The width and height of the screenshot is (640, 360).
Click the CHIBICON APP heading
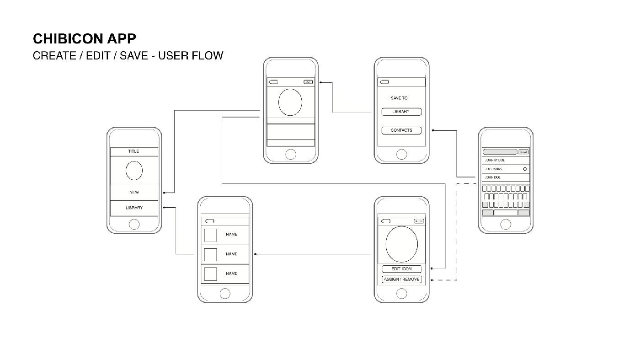pos(84,38)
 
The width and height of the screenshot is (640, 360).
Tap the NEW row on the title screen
pos(134,193)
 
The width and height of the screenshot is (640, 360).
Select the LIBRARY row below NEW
pos(134,208)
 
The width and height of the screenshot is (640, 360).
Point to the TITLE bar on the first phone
pos(134,151)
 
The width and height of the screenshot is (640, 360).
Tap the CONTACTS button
pos(401,130)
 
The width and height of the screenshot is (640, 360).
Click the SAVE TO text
pos(399,98)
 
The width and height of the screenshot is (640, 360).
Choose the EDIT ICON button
pos(402,269)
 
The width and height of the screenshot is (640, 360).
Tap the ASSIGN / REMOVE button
pos(402,279)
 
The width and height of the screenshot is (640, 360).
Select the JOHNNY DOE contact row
pos(505,161)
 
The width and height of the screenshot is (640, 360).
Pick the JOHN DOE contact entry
pos(505,177)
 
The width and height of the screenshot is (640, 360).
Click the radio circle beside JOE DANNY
pos(525,169)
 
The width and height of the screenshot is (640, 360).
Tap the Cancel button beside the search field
pos(523,152)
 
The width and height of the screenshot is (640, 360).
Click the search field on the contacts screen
pos(500,152)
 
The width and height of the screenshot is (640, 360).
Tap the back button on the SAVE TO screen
pos(384,82)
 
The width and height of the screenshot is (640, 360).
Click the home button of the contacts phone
pos(506,224)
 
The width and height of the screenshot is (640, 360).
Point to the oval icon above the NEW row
pos(134,171)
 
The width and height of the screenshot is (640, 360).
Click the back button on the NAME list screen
pos(209,221)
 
